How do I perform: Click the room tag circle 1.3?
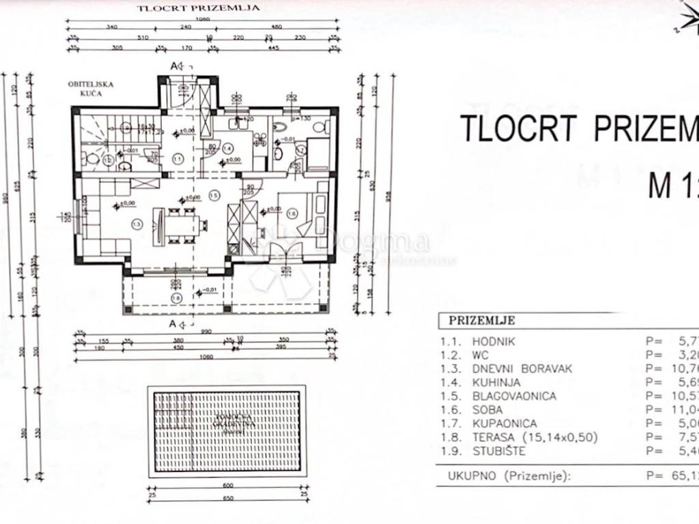(137, 224)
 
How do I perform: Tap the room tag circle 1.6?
(292, 214)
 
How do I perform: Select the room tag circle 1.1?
(178, 159)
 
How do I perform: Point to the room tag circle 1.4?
(228, 148)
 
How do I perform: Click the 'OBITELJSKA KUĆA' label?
(90, 88)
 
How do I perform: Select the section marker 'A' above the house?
(176, 65)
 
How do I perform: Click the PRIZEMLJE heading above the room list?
(482, 321)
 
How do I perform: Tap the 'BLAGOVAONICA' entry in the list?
(514, 396)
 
